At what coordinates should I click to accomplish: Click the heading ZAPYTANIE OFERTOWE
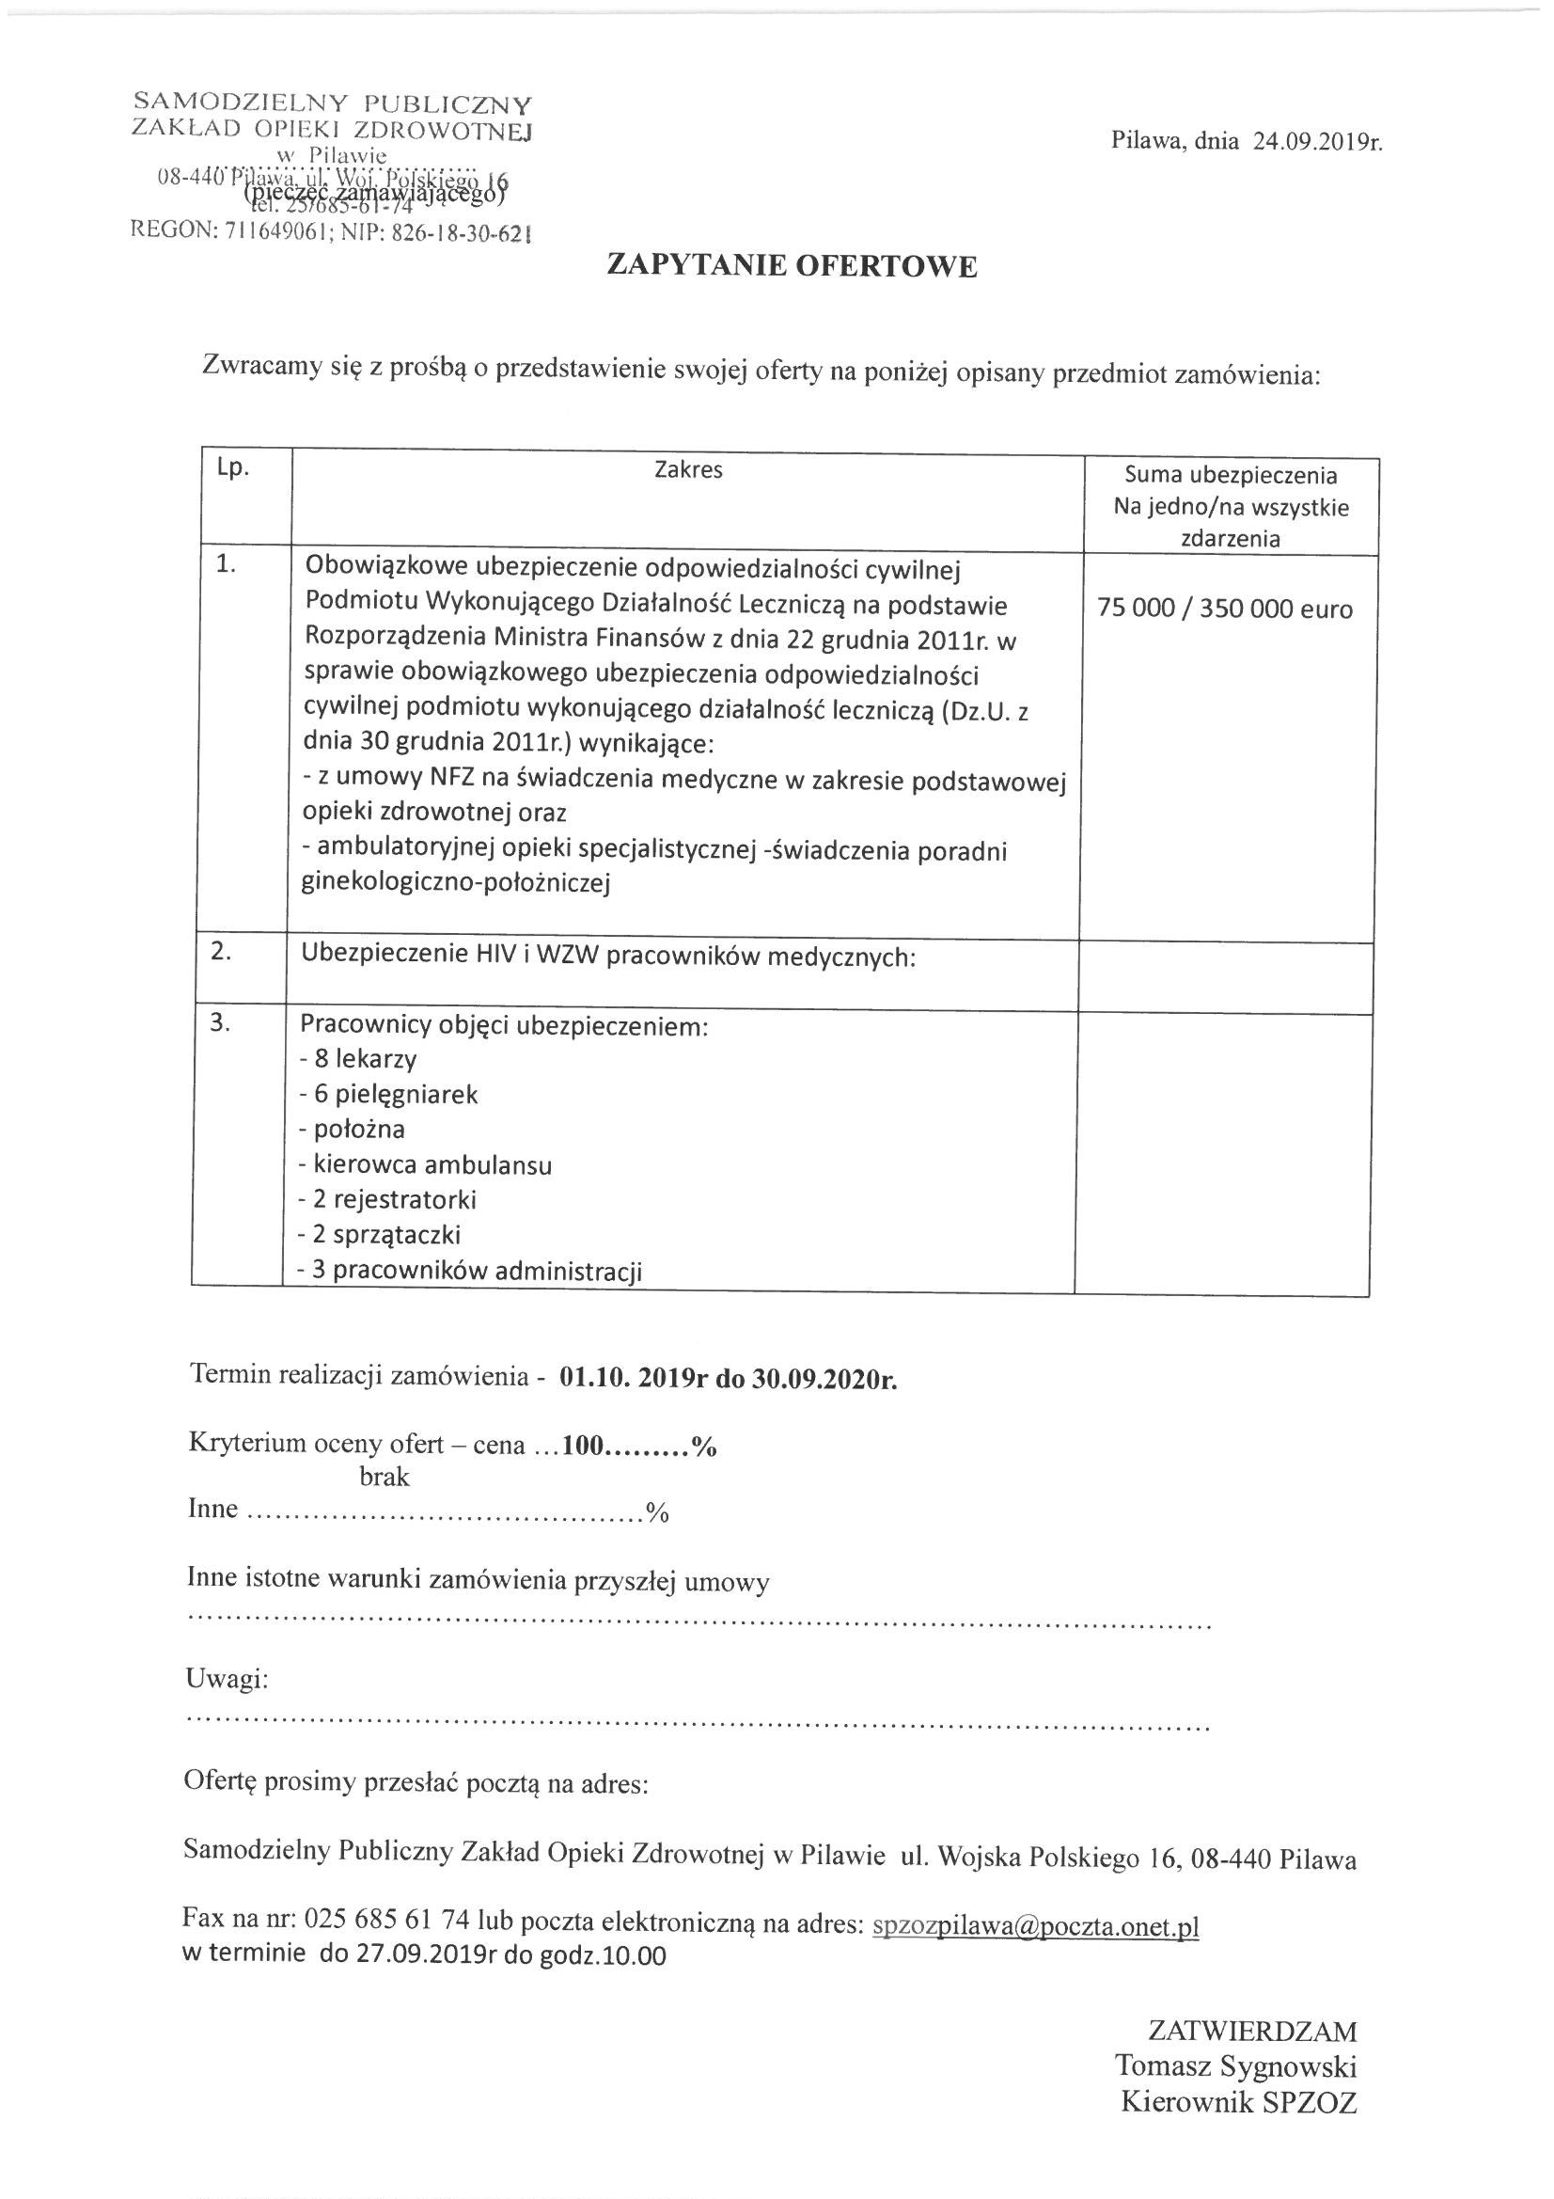792,266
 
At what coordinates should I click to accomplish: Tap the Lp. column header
232,470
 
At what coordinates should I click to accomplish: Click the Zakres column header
687,469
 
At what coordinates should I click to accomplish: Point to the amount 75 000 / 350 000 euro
1225,609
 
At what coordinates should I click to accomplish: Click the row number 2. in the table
221,953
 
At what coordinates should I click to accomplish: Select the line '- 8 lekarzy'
358,1059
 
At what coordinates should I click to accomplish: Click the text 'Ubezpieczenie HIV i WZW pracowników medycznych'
607,955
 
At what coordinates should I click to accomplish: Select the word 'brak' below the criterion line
384,1477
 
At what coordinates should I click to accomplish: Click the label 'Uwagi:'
227,1679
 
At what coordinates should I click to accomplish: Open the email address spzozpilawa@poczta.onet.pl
1036,1925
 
